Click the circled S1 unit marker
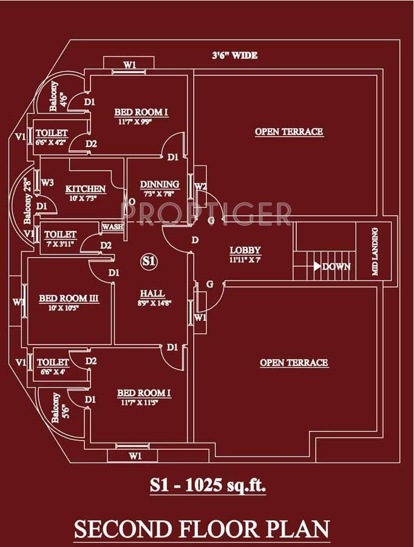tap(149, 262)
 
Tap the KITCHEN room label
tap(86, 189)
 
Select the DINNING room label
tap(160, 184)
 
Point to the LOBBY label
tap(245, 250)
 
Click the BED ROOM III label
tap(69, 298)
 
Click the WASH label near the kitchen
tap(113, 227)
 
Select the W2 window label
tap(201, 186)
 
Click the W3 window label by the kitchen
tap(48, 182)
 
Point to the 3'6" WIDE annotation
tap(234, 56)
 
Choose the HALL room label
tap(152, 294)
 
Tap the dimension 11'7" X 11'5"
tap(144, 403)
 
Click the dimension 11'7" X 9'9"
tap(141, 122)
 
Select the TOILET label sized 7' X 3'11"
tap(61, 234)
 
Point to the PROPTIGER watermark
tap(206, 214)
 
